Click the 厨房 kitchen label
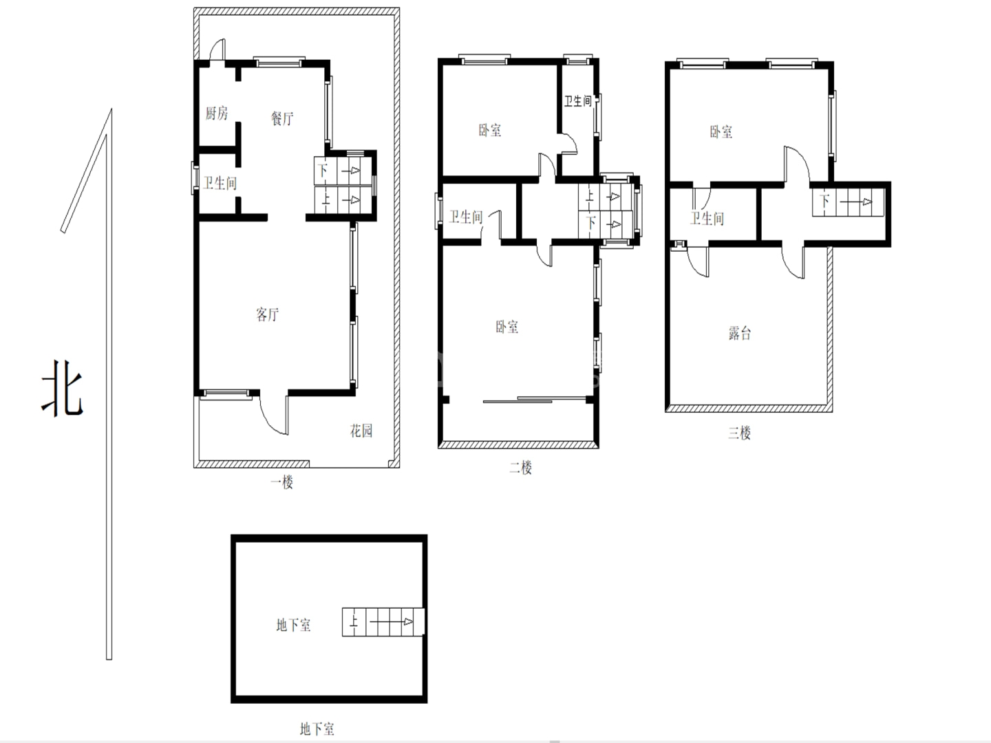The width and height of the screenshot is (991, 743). pos(216,114)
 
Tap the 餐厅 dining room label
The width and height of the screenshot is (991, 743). pos(282,118)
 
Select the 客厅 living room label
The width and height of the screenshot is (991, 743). pos(267,314)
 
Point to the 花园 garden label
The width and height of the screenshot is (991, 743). pos(361,431)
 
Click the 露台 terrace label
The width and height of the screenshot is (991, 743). pos(740,334)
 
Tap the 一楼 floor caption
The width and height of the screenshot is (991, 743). pos(281,482)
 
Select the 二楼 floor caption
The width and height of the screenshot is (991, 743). pos(520,467)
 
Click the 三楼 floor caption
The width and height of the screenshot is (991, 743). pos(740,433)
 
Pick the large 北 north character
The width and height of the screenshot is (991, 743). pos(63,388)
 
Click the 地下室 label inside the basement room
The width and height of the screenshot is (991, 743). pos(293,625)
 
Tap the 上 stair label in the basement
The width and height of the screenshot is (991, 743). pos(354,622)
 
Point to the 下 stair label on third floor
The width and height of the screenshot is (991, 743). pos(824,200)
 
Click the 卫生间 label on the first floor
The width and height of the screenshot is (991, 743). pos(220,183)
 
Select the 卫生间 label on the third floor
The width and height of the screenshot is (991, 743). pos(707,219)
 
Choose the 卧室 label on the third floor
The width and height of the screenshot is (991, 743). pos(721,131)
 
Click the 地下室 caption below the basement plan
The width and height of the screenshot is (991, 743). pos(317,729)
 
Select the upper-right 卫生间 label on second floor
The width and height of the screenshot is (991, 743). pos(578,101)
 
